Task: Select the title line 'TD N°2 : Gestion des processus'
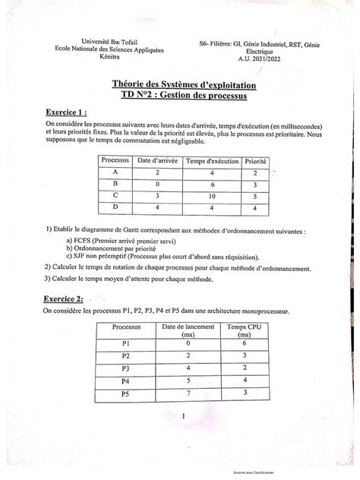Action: pos(179,96)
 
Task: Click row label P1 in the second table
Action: pos(126,342)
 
